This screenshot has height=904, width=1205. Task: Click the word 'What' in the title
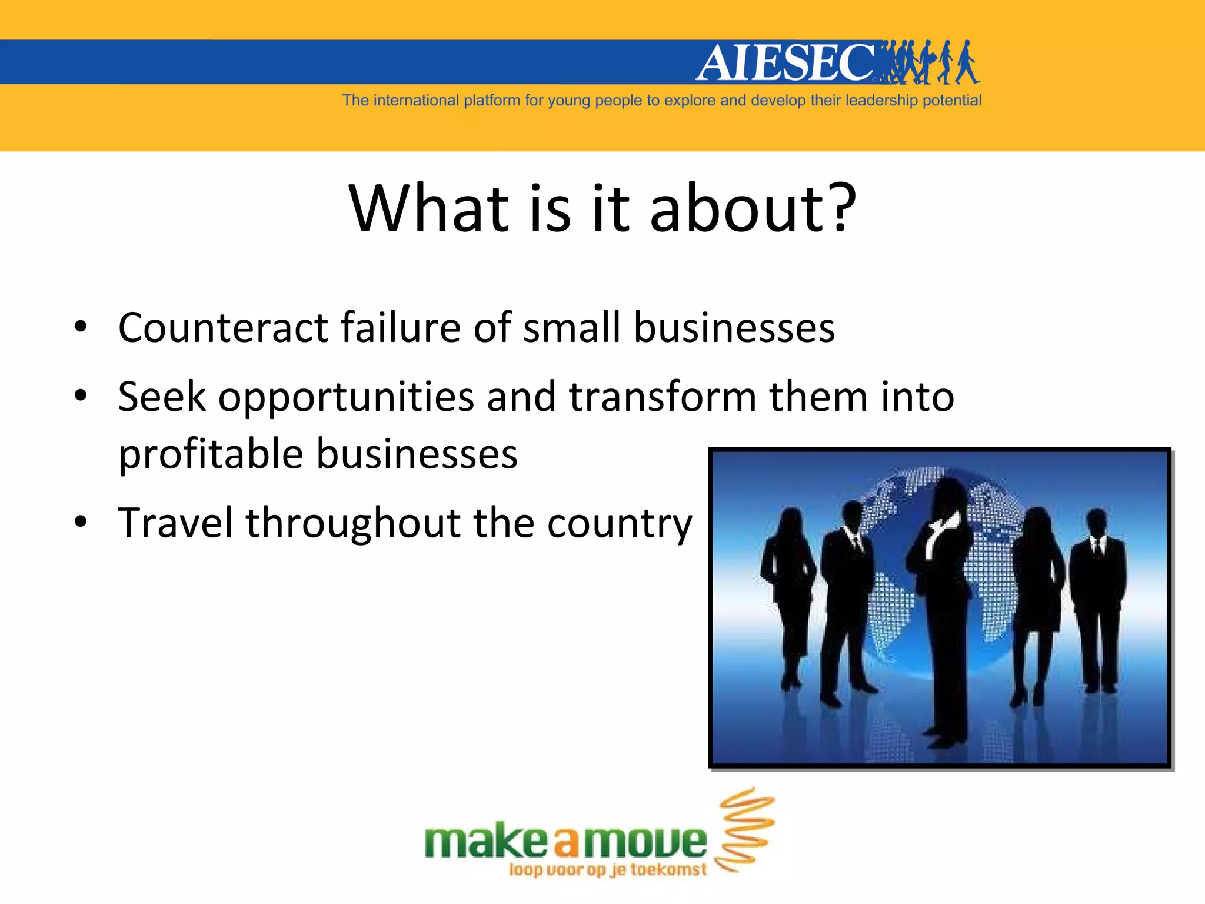(x=429, y=209)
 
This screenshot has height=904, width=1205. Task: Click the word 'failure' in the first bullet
(x=400, y=328)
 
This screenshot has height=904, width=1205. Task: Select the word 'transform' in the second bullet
(x=663, y=397)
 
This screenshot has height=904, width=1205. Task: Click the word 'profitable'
(x=211, y=455)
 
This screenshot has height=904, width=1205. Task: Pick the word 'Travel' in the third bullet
(x=175, y=523)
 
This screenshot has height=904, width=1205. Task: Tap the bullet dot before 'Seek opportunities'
(x=81, y=395)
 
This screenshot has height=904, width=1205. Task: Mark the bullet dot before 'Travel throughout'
(x=81, y=522)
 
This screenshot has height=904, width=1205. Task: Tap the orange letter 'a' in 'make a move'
(x=566, y=842)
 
